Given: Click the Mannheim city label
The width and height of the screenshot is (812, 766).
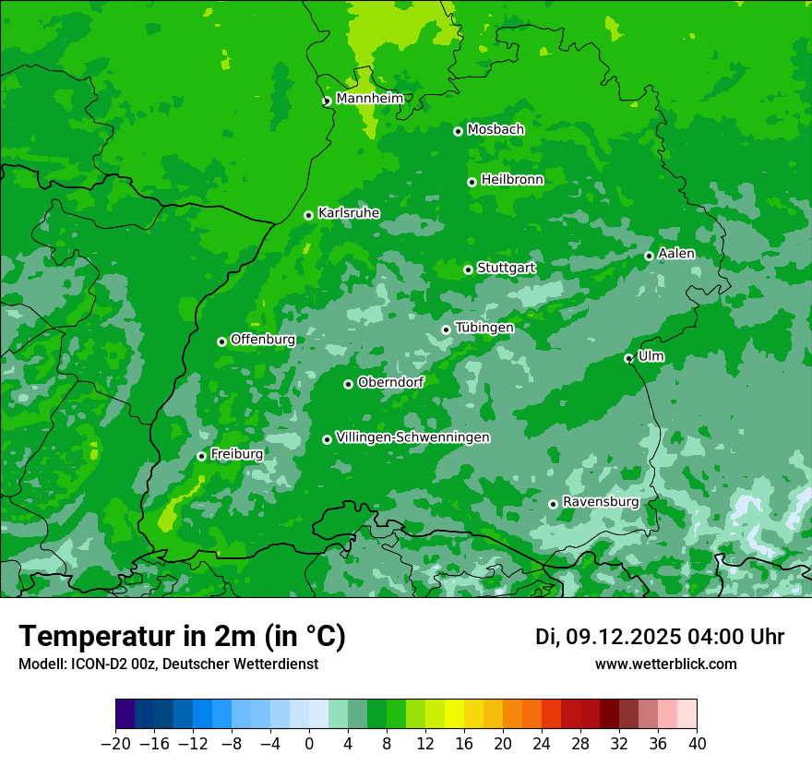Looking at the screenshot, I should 369,99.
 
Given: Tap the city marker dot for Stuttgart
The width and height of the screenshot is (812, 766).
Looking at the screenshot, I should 468,269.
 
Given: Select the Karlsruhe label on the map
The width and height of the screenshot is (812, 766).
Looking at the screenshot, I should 348,213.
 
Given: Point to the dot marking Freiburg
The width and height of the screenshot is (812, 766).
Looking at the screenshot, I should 201,456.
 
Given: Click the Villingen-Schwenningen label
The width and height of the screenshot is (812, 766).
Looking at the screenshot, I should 412,437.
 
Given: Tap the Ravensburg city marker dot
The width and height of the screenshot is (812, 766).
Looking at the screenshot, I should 553,504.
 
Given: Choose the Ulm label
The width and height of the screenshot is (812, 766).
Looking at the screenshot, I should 651,356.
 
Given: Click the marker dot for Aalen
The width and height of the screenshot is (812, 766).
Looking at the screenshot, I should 649,256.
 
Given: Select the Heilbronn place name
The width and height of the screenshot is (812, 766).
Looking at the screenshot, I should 512,180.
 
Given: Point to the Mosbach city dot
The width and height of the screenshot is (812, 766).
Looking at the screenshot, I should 458,131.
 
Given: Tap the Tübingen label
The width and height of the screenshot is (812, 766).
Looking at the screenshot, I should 484,328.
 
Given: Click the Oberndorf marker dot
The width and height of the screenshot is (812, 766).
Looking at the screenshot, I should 348,384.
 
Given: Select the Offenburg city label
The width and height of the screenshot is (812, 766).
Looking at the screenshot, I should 263,340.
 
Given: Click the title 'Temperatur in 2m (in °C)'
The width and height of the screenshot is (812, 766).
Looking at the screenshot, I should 182,637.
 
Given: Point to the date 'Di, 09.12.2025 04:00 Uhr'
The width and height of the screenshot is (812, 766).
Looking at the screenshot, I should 660,637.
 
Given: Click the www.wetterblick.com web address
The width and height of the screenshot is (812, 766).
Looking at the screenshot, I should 665,664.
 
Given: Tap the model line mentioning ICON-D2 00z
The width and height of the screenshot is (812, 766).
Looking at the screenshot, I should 168,664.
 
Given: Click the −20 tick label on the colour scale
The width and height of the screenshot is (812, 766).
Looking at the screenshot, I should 115,744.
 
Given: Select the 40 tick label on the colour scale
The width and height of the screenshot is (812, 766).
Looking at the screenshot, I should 697,744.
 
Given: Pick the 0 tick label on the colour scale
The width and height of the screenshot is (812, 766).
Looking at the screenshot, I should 309,744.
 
